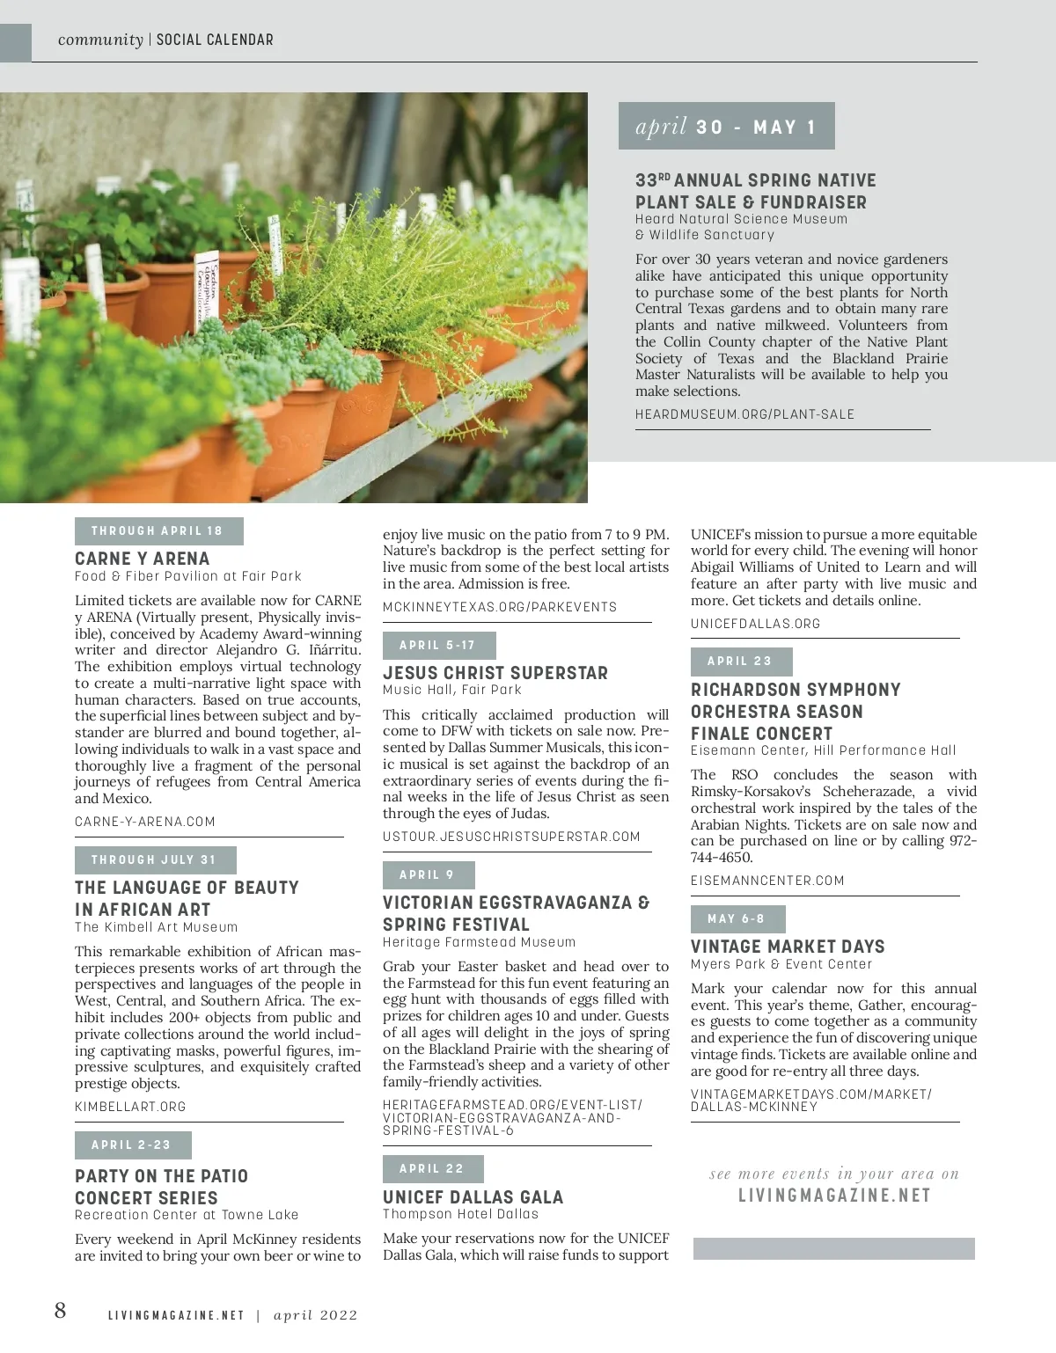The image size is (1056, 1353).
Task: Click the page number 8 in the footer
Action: [60, 1311]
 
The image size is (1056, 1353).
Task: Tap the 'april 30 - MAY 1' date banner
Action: [726, 127]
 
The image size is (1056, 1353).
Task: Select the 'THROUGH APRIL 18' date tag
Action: [158, 531]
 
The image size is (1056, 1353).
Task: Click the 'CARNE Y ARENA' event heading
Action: [143, 559]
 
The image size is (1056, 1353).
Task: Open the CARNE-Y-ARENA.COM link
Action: [145, 822]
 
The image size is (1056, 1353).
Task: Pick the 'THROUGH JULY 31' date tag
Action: [155, 859]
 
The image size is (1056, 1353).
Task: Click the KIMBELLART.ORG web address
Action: [130, 1107]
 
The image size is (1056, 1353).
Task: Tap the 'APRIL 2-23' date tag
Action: [132, 1145]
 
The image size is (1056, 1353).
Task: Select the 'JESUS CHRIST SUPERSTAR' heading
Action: [495, 673]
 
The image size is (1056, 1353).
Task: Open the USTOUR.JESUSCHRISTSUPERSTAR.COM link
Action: [511, 837]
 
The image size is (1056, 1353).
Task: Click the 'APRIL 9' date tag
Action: [428, 874]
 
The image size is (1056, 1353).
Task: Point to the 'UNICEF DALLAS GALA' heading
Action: [473, 1197]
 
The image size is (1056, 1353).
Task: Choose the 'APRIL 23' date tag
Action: [740, 662]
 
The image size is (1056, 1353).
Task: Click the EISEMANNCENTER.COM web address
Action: [767, 881]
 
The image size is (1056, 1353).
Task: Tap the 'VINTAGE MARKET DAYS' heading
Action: [788, 947]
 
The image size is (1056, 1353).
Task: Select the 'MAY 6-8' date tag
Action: [737, 918]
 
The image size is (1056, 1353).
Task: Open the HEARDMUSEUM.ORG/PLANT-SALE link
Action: [744, 414]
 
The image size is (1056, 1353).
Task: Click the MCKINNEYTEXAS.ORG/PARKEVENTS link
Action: [500, 607]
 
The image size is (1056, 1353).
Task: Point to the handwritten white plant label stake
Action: [208, 282]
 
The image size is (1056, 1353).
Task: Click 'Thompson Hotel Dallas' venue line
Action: [460, 1214]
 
